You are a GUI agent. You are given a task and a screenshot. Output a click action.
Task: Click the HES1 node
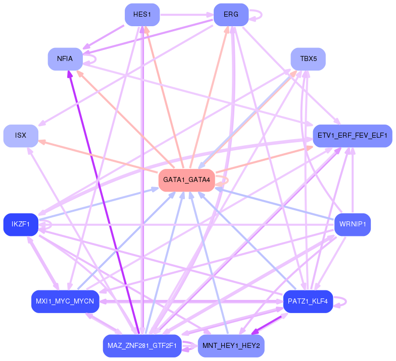point(142,14)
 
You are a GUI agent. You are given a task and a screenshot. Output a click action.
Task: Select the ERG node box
point(231,14)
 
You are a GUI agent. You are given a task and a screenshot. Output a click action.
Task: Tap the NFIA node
point(65,58)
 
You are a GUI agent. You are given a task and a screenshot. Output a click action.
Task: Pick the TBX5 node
point(308,58)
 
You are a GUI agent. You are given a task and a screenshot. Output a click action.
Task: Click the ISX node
point(21,135)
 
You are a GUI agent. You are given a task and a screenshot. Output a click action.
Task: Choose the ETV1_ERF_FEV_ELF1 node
point(353,135)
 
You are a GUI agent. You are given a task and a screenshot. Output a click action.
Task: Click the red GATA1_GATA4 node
point(187,179)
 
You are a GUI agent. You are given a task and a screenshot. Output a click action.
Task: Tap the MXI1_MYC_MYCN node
point(65,301)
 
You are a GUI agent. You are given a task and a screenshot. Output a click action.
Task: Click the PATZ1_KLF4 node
point(308,301)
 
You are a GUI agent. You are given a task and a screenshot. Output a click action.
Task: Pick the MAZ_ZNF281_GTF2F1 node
point(142,345)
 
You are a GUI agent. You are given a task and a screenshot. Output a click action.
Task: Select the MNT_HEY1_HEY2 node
point(231,345)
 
